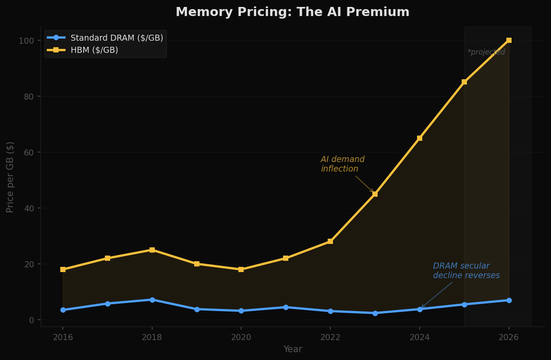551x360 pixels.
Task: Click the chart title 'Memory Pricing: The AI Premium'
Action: click(292, 12)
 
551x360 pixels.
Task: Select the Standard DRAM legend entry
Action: click(117, 38)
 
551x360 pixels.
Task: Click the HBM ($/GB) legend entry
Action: click(94, 50)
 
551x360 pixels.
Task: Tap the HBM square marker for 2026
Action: click(509, 40)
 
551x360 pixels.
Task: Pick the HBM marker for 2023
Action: click(375, 194)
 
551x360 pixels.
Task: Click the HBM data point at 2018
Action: click(152, 250)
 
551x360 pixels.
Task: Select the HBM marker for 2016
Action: click(63, 269)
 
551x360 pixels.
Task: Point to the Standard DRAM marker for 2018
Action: click(152, 300)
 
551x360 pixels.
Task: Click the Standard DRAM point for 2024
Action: click(420, 309)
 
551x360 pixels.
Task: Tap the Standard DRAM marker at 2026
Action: click(509, 300)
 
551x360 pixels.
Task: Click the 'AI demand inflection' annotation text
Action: click(342, 164)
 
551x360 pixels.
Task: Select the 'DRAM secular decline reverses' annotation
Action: click(466, 271)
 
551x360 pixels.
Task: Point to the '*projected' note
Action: click(486, 52)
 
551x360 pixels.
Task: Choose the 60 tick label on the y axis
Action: click(29, 152)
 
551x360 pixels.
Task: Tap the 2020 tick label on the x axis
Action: click(241, 337)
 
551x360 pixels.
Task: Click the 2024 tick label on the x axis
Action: click(420, 337)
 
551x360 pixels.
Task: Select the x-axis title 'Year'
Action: click(293, 349)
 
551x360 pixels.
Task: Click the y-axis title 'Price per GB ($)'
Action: click(10, 177)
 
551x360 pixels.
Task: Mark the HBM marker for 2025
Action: click(464, 82)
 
